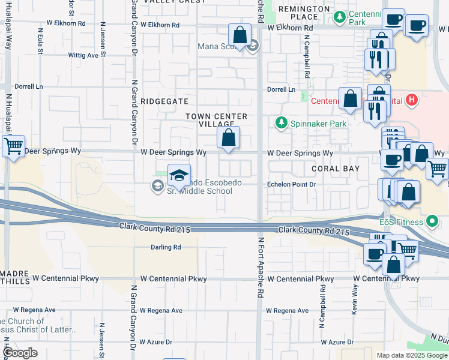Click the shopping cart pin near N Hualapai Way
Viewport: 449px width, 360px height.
13,145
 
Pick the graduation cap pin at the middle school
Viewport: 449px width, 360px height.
179,175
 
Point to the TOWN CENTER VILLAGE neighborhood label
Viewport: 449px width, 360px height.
216,120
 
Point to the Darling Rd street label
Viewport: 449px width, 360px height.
165,247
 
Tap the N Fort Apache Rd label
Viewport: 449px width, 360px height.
261,268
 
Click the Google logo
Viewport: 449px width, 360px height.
20,353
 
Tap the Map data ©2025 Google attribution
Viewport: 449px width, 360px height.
412,355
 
